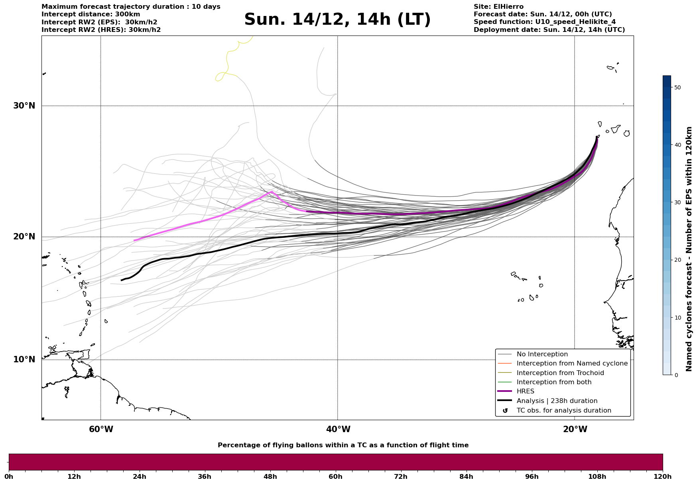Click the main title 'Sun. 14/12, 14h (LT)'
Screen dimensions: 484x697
click(x=337, y=20)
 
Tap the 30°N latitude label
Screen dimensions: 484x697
click(x=24, y=106)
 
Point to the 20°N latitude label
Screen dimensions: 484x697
click(x=24, y=237)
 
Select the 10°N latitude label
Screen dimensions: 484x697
click(x=24, y=360)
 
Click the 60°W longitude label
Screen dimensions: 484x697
click(x=101, y=429)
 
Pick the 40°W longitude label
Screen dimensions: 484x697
click(x=338, y=429)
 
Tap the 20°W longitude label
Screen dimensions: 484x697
click(x=575, y=429)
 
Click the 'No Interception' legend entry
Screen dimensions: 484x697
click(x=542, y=354)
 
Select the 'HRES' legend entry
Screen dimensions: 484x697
click(x=525, y=391)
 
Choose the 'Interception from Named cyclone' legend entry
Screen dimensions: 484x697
click(x=572, y=363)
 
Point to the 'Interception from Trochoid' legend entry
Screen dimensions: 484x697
click(x=560, y=373)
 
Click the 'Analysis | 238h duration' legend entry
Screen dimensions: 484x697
click(x=557, y=401)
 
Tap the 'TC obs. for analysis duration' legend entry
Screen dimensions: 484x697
click(x=563, y=411)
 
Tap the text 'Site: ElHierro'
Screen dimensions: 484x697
click(x=498, y=7)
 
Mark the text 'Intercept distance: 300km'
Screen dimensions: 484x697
click(x=91, y=14)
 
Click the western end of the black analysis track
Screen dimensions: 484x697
click(x=122, y=281)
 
